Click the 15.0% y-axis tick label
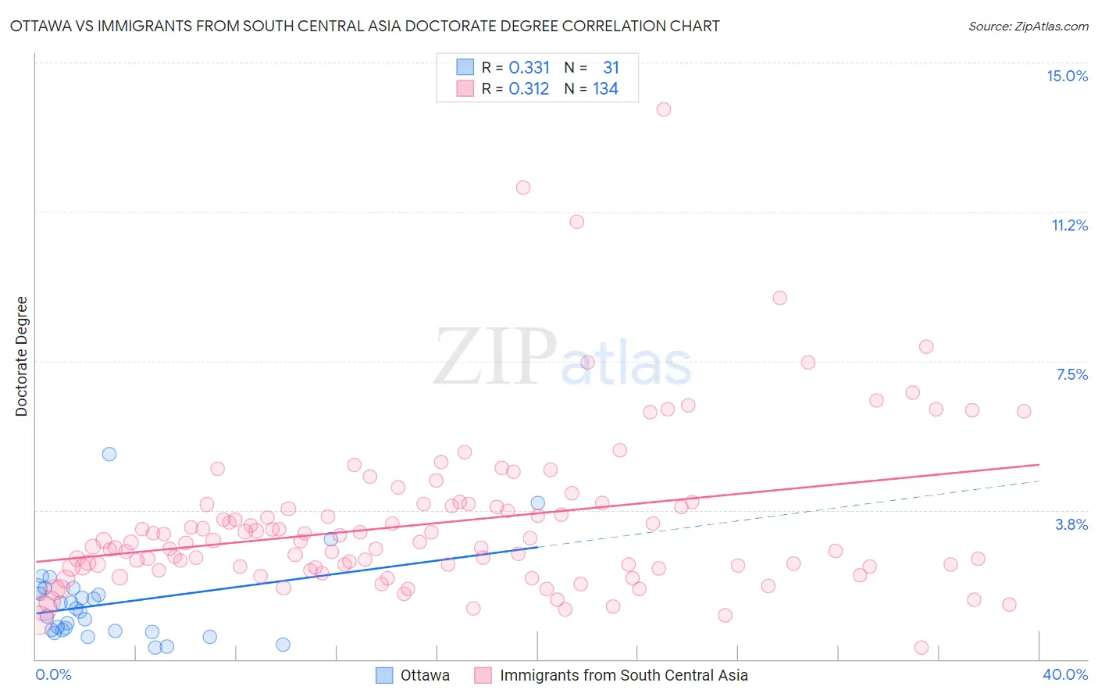1067,76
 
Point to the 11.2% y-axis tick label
1069,225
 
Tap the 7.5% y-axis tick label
1071,374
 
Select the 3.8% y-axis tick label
1071,524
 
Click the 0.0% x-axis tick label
53,674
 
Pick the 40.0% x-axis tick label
1064,674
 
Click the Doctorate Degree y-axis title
21,356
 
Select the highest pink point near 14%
664,109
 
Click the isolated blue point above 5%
109,454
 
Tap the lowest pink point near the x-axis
922,648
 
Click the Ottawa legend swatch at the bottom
384,675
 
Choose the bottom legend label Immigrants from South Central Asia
623,675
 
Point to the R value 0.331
529,68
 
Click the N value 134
605,89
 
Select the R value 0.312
529,89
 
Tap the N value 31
611,68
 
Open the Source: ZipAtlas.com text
1028,26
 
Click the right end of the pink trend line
1039,464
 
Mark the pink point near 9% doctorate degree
779,298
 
